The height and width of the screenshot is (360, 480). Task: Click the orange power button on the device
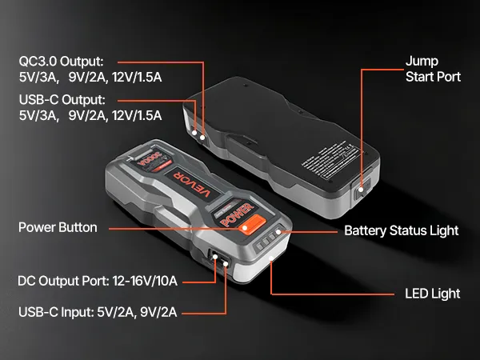tap(253, 224)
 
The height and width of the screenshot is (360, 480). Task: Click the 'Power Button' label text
tap(58, 227)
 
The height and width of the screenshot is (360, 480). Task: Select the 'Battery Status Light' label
tap(402, 230)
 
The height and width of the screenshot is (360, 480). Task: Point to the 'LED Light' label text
tap(433, 294)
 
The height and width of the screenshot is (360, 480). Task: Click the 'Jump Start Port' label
tap(433, 69)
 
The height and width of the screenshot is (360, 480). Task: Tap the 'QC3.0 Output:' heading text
tap(62, 62)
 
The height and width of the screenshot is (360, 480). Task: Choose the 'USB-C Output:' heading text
tap(62, 100)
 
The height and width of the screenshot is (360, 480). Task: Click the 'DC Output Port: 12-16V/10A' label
tap(98, 281)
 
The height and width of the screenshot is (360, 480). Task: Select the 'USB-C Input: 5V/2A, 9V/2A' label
tap(98, 312)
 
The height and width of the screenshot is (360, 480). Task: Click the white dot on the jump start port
tap(361, 190)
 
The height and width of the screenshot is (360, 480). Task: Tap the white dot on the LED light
tap(271, 258)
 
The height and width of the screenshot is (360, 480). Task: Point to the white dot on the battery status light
tap(278, 232)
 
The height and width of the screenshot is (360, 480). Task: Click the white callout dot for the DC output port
tap(214, 257)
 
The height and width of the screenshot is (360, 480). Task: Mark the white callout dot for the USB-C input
tap(226, 263)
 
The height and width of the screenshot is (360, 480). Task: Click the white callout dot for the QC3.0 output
tap(202, 138)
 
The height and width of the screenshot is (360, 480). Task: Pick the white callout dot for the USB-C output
tap(194, 133)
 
